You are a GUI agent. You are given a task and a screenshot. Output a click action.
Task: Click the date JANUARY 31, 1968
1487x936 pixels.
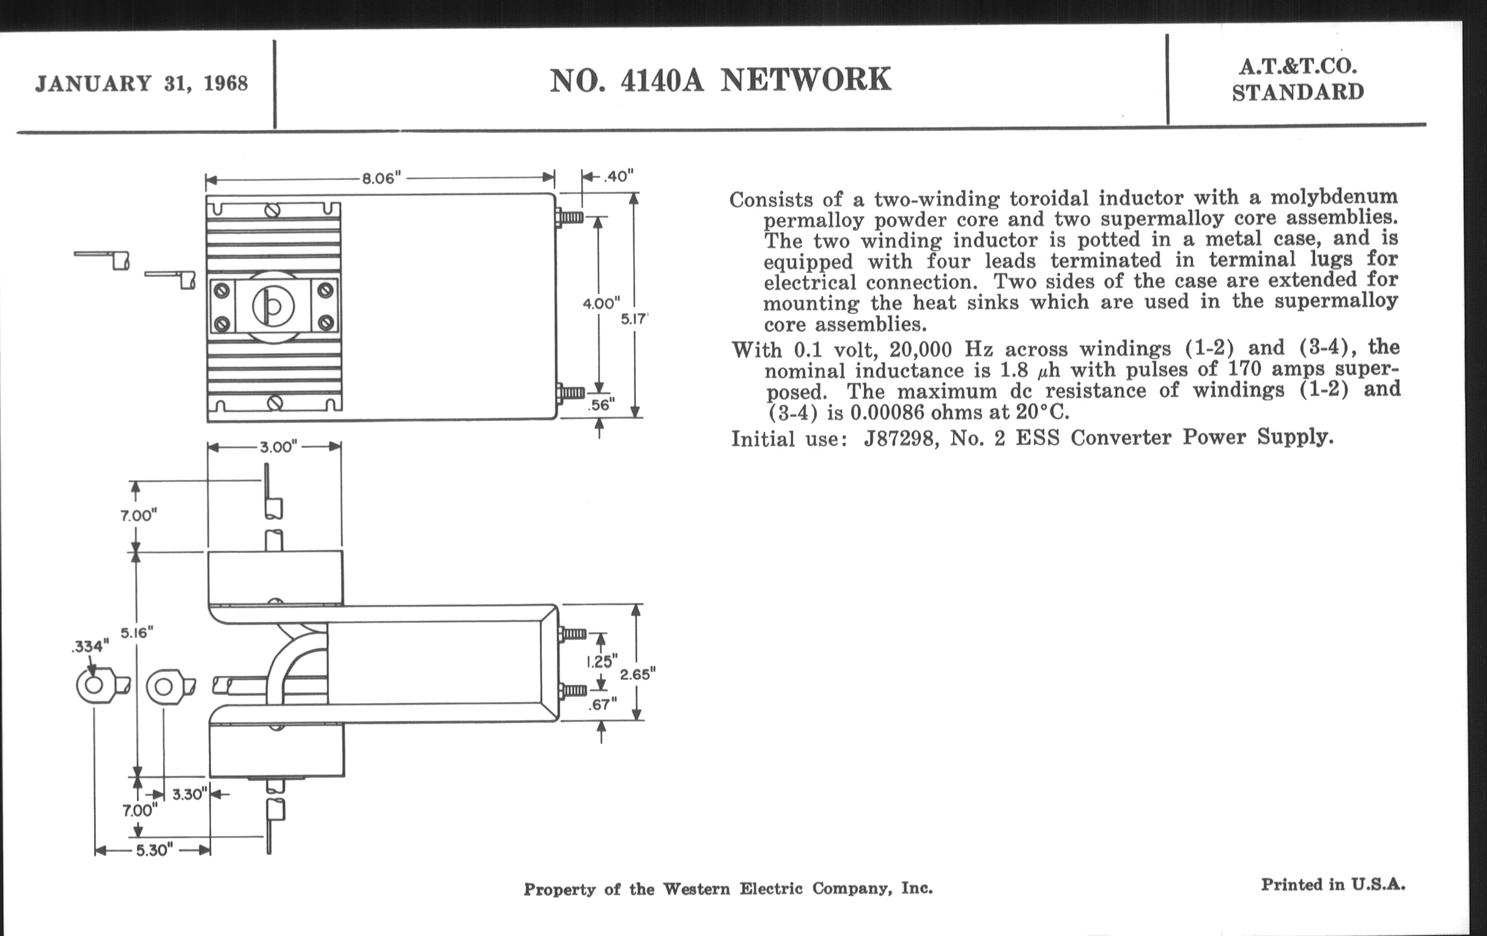[x=141, y=83]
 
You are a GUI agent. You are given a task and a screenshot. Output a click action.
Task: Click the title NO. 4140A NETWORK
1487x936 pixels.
[x=720, y=80]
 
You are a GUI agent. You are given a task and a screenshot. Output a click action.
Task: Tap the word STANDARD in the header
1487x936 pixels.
[x=1298, y=92]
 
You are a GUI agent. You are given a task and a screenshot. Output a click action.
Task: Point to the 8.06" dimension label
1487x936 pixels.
[x=382, y=179]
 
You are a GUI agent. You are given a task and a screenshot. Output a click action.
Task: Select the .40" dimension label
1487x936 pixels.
[x=618, y=177]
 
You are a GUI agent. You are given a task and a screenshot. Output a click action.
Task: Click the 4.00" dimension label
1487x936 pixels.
[x=601, y=303]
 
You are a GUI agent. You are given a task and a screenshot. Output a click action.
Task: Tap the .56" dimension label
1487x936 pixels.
[x=602, y=405]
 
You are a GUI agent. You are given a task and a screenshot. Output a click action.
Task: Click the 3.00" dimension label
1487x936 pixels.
[x=278, y=447]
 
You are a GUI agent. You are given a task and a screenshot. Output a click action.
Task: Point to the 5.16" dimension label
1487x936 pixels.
[x=136, y=633]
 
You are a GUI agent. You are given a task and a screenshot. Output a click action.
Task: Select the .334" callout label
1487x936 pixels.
[x=90, y=646]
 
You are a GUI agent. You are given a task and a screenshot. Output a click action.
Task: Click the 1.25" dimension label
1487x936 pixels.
[x=602, y=662]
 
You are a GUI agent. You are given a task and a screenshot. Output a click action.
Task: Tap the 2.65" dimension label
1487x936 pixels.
[x=637, y=674]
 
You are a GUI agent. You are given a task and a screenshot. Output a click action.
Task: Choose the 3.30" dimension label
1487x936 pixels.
[x=188, y=795]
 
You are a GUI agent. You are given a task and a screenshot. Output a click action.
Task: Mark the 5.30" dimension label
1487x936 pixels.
[x=152, y=850]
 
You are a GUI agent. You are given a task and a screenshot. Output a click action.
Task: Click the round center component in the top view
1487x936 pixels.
[x=273, y=306]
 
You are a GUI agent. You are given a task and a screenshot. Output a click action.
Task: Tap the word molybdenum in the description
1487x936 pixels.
[x=1334, y=197]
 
